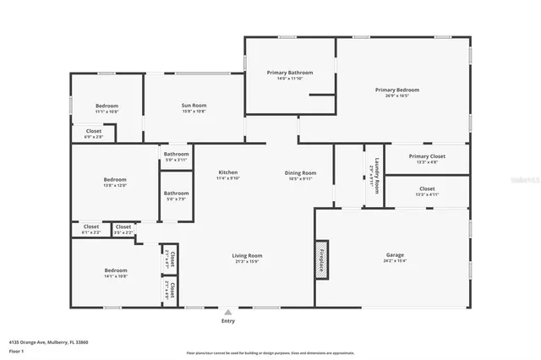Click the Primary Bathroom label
click(x=290, y=74)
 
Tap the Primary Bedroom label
click(x=397, y=90)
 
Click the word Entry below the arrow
click(x=228, y=321)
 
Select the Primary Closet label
click(x=427, y=156)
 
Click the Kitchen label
click(x=228, y=172)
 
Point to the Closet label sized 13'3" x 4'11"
click(x=427, y=189)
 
